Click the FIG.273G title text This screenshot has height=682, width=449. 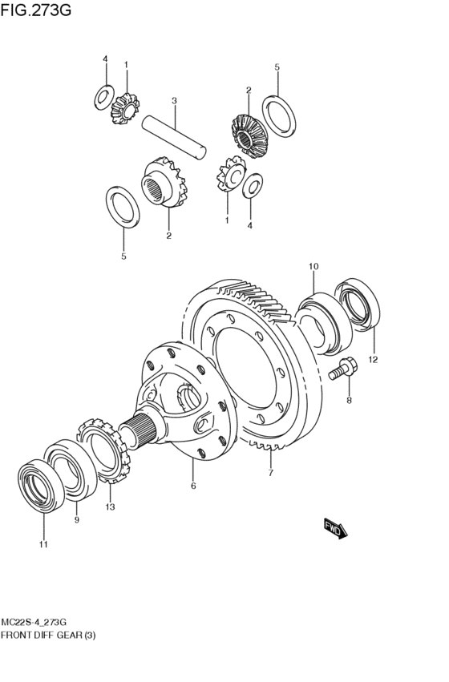(35, 10)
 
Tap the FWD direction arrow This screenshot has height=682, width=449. (336, 528)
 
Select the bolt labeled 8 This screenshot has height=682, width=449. (343, 369)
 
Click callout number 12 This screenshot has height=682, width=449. (373, 359)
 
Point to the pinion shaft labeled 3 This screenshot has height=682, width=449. (175, 135)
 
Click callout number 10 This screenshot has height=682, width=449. (313, 266)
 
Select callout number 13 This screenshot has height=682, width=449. (110, 506)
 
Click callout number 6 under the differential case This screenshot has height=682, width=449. (193, 486)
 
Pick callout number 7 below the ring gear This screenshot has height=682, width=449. (271, 473)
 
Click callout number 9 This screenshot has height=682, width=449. (77, 520)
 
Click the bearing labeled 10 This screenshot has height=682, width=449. (322, 323)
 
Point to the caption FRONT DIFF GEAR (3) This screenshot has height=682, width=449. (48, 636)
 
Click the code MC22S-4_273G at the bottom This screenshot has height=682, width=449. (34, 621)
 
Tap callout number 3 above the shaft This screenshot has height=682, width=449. (174, 101)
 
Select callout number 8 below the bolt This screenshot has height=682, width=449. (349, 401)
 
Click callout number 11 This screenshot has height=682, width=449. (43, 544)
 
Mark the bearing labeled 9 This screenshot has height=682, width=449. (71, 469)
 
